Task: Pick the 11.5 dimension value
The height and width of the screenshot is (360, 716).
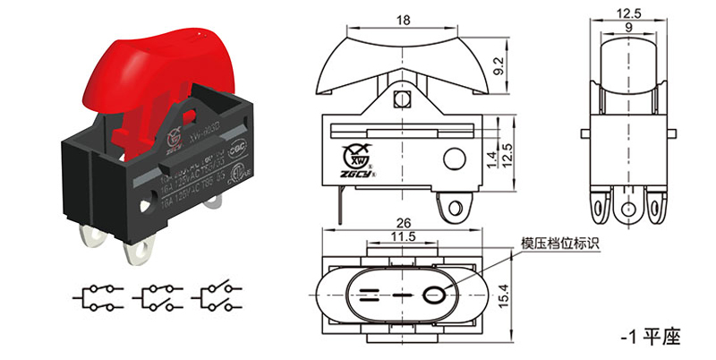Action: (404, 236)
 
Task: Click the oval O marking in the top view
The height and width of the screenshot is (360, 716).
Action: (435, 293)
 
